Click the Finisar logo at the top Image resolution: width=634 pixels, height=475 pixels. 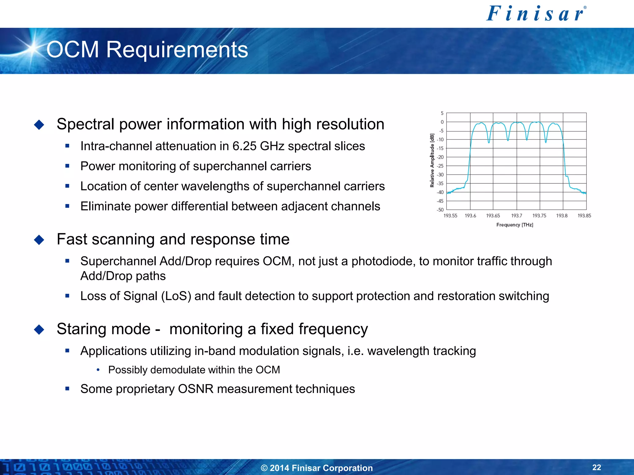tap(536, 14)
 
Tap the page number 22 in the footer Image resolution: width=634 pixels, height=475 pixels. tap(597, 467)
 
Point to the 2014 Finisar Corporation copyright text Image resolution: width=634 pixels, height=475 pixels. tap(317, 468)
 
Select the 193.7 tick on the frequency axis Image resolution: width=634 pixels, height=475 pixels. tap(516, 216)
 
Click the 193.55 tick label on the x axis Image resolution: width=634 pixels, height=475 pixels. tap(450, 216)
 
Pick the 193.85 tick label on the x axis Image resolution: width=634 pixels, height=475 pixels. tap(584, 216)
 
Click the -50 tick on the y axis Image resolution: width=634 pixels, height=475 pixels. tap(440, 210)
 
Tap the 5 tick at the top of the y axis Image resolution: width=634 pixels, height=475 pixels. tap(442, 113)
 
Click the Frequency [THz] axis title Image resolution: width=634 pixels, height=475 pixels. tap(515, 225)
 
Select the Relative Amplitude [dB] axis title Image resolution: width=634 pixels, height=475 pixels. tap(432, 160)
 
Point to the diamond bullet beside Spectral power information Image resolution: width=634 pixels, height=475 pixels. tap(39, 125)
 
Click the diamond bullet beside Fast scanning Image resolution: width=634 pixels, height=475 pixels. tap(39, 240)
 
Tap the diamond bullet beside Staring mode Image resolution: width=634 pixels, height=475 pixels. tap(39, 329)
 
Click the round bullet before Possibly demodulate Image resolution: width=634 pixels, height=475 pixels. tap(98, 370)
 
